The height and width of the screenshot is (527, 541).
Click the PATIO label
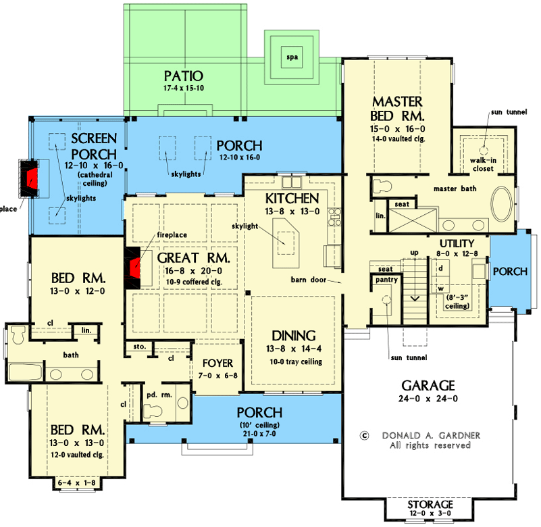point(184,75)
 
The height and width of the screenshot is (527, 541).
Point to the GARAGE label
point(428,385)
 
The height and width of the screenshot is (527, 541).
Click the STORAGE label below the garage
point(430,505)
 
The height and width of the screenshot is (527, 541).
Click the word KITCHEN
point(291,199)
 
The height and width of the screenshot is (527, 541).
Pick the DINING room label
point(294,336)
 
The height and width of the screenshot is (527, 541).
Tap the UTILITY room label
point(457,243)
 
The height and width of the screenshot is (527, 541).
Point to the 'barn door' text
point(310,278)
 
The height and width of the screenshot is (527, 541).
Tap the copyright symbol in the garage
point(365,436)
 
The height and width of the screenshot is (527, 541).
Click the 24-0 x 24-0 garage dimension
point(428,399)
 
